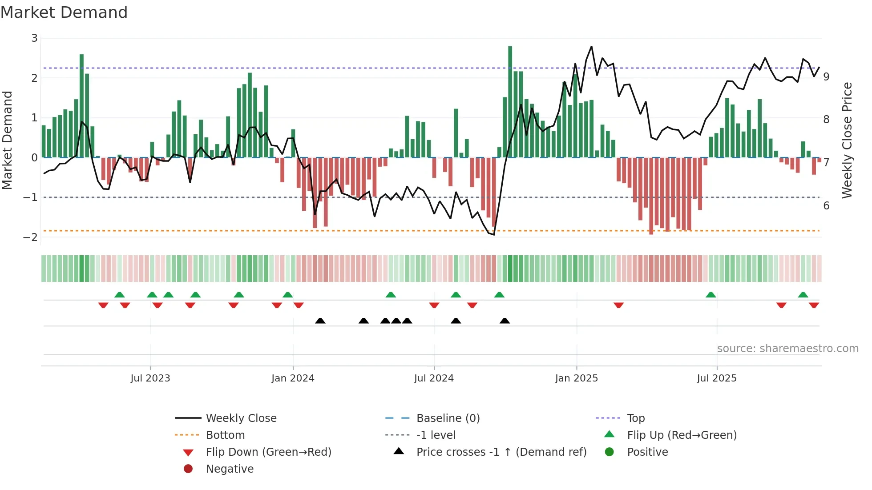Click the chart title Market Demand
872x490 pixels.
(x=64, y=12)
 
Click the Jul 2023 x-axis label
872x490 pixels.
(x=150, y=378)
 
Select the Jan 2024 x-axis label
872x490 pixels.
(x=293, y=378)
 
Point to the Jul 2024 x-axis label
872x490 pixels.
(x=434, y=378)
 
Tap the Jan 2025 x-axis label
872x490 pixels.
(x=577, y=378)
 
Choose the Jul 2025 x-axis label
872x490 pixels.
(x=717, y=378)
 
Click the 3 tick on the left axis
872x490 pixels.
(x=34, y=38)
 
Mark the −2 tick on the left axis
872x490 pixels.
(x=31, y=237)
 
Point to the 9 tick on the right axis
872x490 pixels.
(x=826, y=77)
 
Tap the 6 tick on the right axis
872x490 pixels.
(x=826, y=206)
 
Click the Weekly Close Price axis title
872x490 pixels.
(x=847, y=140)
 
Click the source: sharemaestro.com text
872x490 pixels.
(x=787, y=349)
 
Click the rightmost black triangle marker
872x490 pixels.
(x=505, y=321)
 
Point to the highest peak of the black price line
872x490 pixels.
(x=591, y=46)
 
